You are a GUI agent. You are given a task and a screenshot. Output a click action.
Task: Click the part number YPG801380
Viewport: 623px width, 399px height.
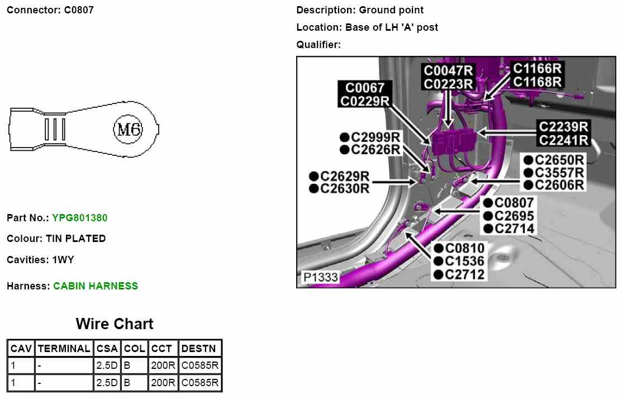[80, 218]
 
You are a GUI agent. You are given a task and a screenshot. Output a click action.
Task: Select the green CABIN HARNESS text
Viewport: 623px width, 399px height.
[96, 286]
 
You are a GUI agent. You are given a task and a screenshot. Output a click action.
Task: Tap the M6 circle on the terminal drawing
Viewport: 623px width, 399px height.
[129, 130]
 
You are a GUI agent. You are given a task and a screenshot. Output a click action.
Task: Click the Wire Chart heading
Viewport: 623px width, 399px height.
[115, 324]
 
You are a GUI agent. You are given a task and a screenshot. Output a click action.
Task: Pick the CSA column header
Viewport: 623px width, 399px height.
[107, 349]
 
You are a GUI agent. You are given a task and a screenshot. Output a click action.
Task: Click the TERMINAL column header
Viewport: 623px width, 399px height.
[64, 349]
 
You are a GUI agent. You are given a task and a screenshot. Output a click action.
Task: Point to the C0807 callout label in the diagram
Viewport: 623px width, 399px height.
[514, 203]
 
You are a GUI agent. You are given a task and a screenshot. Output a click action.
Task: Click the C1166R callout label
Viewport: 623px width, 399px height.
[537, 69]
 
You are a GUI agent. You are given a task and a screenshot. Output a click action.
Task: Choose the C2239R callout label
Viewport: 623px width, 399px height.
[564, 127]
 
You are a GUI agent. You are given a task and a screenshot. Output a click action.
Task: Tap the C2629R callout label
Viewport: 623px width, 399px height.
[345, 177]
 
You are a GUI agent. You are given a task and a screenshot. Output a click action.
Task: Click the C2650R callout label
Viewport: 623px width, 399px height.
[559, 160]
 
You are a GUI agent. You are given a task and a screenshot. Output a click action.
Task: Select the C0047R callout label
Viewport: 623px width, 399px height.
[449, 71]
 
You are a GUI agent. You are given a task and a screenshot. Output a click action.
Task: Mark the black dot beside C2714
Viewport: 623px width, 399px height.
[488, 229]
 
